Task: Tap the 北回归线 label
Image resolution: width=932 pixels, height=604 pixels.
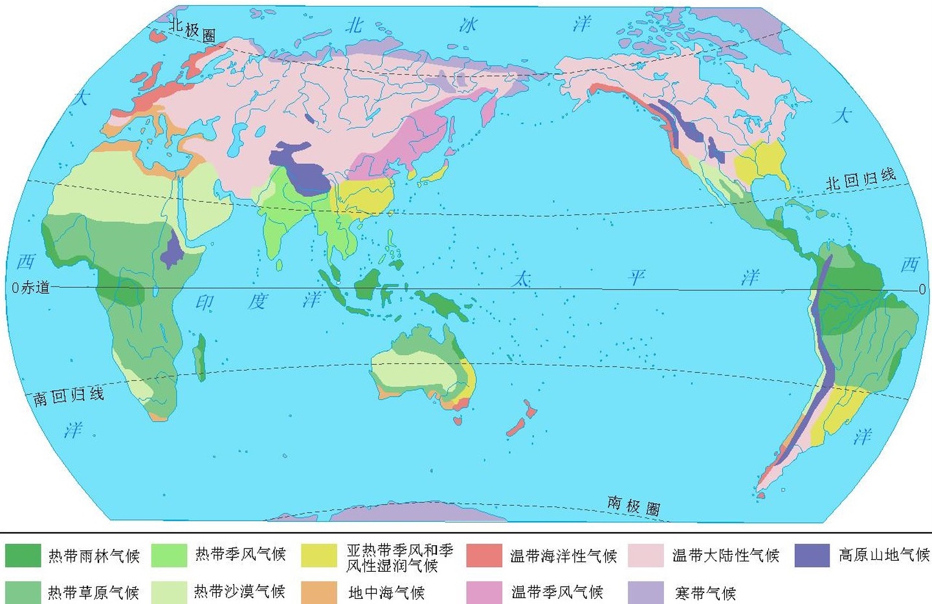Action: [861, 179]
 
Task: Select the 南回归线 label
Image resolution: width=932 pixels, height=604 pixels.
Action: [69, 395]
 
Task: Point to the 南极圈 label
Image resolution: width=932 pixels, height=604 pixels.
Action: [634, 505]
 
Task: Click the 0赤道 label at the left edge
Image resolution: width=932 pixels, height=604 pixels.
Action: [31, 288]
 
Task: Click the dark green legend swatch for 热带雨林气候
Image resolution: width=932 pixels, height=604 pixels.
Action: [23, 555]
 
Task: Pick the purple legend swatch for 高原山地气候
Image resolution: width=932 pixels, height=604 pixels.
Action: [812, 555]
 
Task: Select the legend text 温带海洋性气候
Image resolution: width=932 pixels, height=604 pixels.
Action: [563, 555]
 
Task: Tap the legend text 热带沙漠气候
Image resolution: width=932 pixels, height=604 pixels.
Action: [239, 592]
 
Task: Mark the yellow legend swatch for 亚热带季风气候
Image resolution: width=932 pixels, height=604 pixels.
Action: [319, 555]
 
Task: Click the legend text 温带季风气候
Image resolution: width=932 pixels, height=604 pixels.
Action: [557, 592]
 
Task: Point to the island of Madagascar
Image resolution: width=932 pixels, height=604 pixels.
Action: [200, 356]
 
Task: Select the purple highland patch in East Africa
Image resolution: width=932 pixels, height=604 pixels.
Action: [172, 250]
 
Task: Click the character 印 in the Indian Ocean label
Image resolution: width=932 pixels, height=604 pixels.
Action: [205, 303]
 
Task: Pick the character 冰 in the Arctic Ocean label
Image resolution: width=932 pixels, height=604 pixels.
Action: [468, 25]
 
